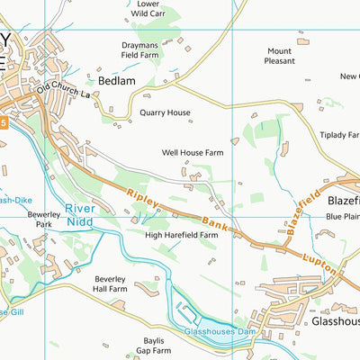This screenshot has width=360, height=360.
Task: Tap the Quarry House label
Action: point(166,113)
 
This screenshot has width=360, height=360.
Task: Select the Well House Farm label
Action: point(192,153)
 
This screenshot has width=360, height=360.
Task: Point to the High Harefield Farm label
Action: point(182,235)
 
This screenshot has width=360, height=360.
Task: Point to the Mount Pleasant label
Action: point(279,57)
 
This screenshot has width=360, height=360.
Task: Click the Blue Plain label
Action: point(342,217)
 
